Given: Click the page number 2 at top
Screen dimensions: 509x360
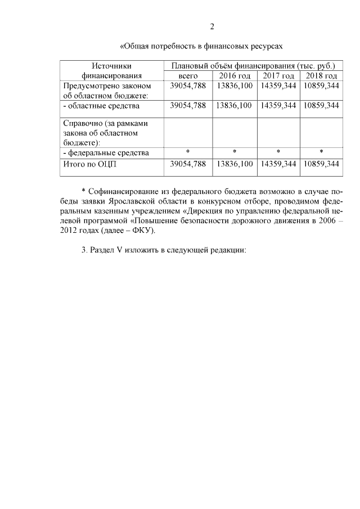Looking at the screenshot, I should coord(212,26).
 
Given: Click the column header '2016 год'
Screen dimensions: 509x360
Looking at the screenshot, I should coord(234,75).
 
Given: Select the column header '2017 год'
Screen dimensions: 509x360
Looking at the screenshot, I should coord(278,75).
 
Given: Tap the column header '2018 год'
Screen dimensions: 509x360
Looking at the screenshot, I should coord(321,75).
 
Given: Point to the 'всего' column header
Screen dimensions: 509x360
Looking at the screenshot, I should coord(188,75).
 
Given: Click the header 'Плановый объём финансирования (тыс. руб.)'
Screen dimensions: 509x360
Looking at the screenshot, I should coord(253,65).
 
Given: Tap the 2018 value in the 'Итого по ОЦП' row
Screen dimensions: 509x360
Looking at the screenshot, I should coord(321,164).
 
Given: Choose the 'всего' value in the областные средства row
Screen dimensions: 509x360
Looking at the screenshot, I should coord(188,105).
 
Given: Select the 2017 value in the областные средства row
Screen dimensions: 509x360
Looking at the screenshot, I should coord(278,105).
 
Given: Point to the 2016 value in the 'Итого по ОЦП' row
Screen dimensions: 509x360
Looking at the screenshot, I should coord(234,164).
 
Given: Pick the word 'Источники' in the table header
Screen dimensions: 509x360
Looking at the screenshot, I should coord(112,65).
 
